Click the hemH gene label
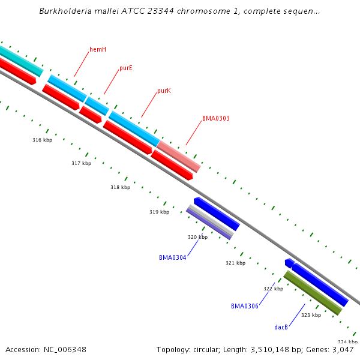98,49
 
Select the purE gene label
126,68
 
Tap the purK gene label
164,91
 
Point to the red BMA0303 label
215,119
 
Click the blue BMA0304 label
172,257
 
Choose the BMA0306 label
244,306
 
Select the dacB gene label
281,327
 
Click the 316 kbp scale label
42,140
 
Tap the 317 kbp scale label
81,163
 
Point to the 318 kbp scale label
120,187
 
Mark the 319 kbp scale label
159,212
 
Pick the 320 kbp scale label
197,237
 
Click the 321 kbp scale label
235,263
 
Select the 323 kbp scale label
311,315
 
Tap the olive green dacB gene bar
312,293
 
